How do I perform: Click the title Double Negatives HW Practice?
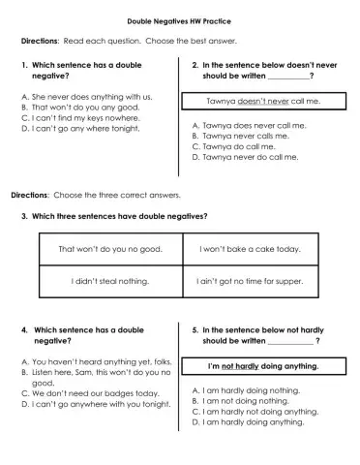pyautogui.click(x=179, y=20)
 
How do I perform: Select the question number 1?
pyautogui.click(x=23, y=64)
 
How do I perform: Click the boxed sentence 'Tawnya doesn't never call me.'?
pyautogui.click(x=262, y=101)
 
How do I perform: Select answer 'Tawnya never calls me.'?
pyautogui.click(x=248, y=136)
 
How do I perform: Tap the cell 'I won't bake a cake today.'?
pyautogui.click(x=250, y=249)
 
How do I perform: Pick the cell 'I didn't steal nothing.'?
pyautogui.click(x=109, y=281)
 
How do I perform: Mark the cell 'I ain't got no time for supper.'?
pyautogui.click(x=250, y=281)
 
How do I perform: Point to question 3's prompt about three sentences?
pyautogui.click(x=120, y=216)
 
